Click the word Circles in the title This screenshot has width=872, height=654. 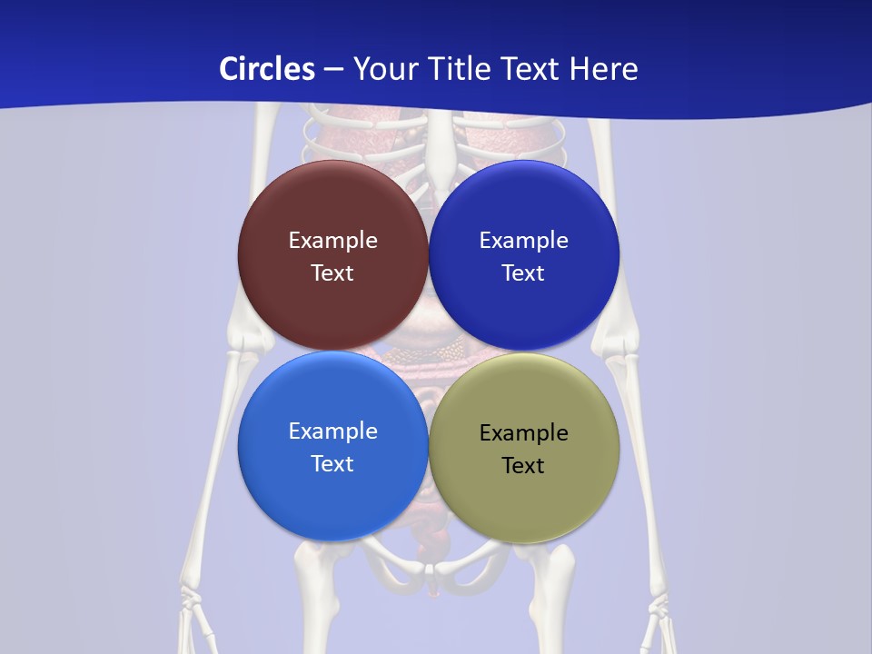pos(266,69)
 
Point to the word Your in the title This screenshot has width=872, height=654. pos(384,69)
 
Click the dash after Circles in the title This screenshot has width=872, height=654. pos(333,70)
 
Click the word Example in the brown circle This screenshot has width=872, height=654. pos(332,241)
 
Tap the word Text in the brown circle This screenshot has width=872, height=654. pos(332,273)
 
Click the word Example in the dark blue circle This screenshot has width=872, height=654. pos(524,241)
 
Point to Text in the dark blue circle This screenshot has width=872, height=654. pos(524,273)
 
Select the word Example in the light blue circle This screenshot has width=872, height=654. pos(332,431)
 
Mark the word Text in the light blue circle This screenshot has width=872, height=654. pos(332,464)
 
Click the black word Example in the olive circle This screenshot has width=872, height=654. pos(524,433)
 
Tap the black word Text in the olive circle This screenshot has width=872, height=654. pos(524,466)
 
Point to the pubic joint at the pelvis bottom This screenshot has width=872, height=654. pos(434,570)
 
